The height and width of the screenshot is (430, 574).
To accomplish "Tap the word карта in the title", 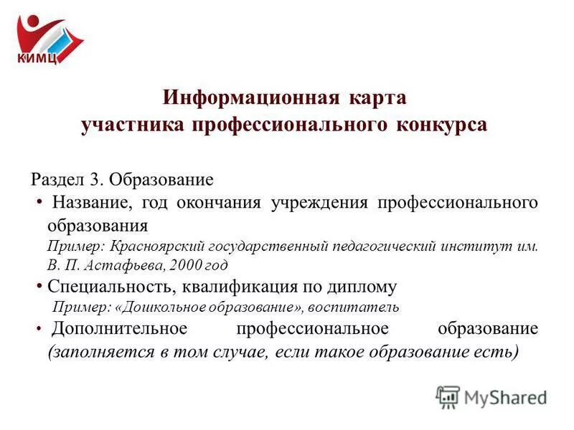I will point(380,97).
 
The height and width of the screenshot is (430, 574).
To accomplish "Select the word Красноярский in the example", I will point(160,246).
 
